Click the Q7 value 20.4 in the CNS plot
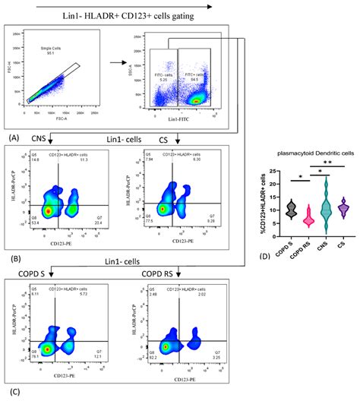coord(106,223)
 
